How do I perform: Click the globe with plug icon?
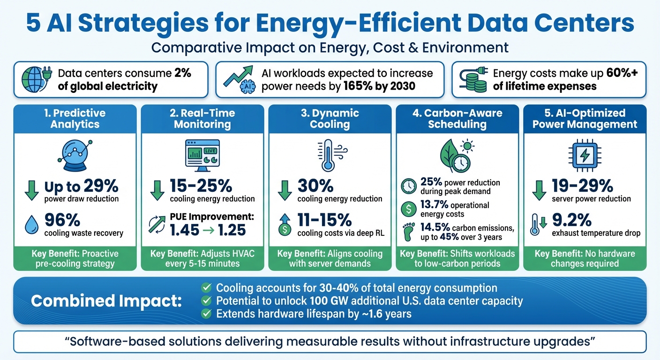click(x=37, y=79)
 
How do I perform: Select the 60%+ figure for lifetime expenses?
click(x=625, y=73)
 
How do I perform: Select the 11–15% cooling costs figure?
click(x=324, y=219)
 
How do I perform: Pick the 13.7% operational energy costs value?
click(x=434, y=205)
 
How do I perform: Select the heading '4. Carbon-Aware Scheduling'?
click(x=457, y=119)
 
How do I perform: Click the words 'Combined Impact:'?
click(x=106, y=301)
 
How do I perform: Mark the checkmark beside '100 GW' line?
click(x=206, y=301)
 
